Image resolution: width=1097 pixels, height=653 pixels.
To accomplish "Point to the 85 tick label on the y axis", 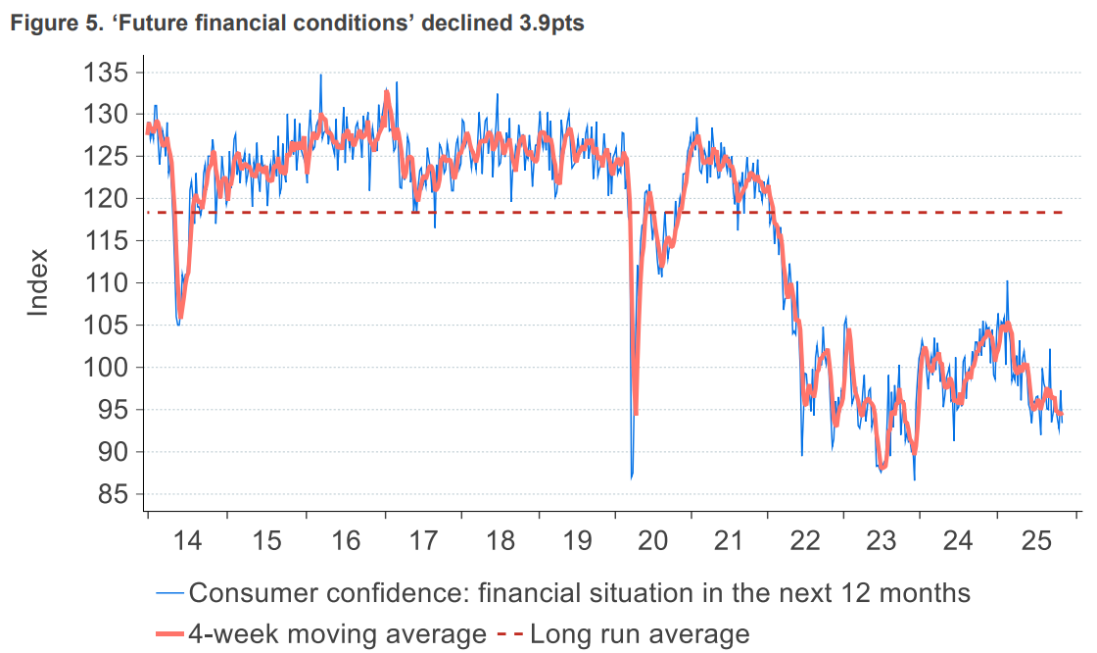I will click(x=109, y=494).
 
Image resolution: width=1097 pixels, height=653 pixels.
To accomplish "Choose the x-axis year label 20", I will click(x=652, y=540).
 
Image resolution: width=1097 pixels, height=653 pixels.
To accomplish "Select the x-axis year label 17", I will click(x=422, y=540).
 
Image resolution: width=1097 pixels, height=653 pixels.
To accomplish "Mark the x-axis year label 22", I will click(x=805, y=540).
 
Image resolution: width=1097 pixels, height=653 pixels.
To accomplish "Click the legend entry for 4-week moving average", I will click(x=338, y=633).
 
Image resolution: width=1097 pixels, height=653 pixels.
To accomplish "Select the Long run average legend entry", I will click(x=640, y=633).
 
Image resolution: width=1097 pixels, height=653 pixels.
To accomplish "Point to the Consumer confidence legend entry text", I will click(x=579, y=592).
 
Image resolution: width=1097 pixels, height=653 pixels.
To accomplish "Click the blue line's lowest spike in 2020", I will click(x=632, y=477).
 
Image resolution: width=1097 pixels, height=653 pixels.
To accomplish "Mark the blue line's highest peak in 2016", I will click(x=320, y=75).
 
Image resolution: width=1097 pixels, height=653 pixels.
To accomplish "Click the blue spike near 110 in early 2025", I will click(x=1007, y=281).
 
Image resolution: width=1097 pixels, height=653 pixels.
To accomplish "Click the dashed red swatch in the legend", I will click(x=509, y=633).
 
